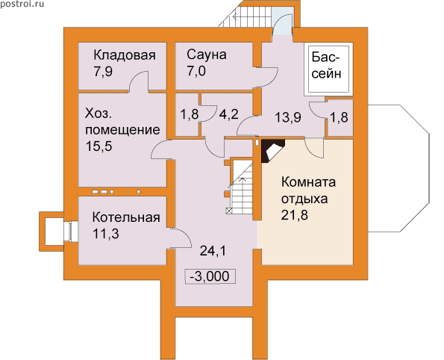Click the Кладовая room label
tap(125, 55)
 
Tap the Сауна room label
tap(207, 55)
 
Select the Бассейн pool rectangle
tap(328, 69)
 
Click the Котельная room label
tap(126, 217)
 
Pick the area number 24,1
tap(213, 251)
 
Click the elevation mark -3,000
tap(210, 276)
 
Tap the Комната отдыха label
tap(308, 190)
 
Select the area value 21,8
tap(295, 215)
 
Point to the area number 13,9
tap(288, 117)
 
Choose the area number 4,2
tap(229, 114)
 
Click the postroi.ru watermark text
tap(22, 4)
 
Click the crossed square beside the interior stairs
tap(229, 211)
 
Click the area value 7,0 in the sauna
tap(196, 71)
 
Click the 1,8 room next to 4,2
tap(190, 114)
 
